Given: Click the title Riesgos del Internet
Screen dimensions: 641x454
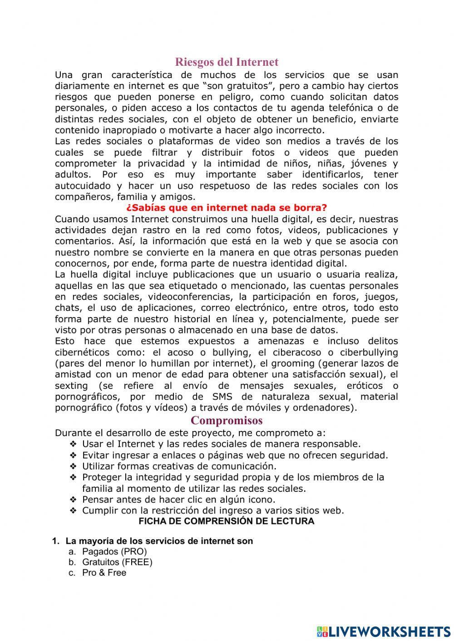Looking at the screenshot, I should (227, 62).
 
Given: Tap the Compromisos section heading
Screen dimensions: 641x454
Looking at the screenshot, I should (227, 420).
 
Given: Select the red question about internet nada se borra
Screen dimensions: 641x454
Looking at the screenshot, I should (227, 208).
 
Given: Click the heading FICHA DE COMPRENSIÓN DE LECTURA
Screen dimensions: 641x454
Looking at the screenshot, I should (226, 521).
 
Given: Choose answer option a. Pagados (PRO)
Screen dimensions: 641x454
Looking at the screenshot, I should (114, 551).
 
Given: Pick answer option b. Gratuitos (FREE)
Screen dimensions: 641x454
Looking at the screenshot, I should (117, 562).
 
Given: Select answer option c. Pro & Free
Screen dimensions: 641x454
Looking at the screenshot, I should (104, 572).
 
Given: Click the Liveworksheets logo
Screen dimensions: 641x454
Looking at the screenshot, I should (383, 631).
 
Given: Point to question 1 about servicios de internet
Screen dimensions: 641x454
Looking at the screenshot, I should (159, 541).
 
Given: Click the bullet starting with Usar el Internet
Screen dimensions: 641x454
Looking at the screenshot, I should (221, 444).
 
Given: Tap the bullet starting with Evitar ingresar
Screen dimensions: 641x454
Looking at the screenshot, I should (235, 455).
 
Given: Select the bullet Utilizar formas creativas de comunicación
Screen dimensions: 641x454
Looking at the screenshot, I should (179, 466).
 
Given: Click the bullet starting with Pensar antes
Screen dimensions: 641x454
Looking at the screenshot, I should (178, 499).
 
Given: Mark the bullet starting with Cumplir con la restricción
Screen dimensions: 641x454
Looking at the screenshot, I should (213, 510).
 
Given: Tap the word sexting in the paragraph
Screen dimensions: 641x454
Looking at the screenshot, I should (71, 386).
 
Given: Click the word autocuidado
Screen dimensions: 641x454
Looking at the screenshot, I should (82, 186).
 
